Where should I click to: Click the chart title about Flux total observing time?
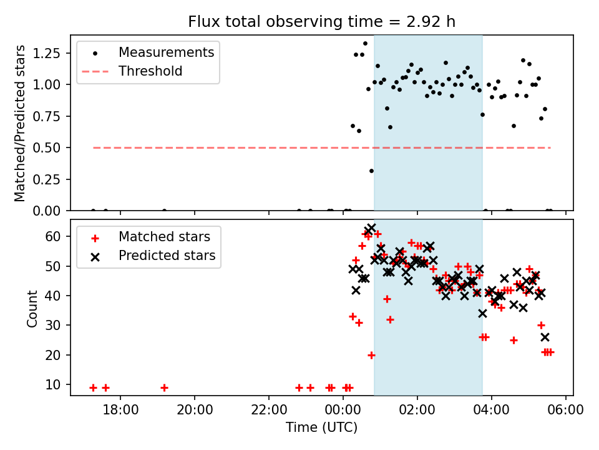pos(321,22)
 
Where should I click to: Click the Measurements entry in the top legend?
pos(166,52)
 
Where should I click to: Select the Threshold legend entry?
pos(150,71)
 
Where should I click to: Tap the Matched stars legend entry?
pos(164,237)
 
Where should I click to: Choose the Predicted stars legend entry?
pos(167,255)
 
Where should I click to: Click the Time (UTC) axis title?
pos(321,427)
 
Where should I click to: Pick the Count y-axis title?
pos(32,308)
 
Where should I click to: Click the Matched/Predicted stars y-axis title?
pos(20,123)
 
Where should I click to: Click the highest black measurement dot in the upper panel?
pos(365,43)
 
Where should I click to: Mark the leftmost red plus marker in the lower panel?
pos(93,387)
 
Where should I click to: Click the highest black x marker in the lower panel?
pos(371,228)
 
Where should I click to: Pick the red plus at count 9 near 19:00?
pos(164,387)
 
